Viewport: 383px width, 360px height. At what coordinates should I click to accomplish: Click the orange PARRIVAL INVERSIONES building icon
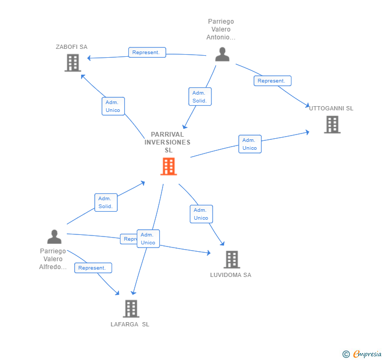pyautogui.click(x=168, y=166)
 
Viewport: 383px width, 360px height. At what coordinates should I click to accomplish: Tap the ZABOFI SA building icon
pyautogui.click(x=73, y=63)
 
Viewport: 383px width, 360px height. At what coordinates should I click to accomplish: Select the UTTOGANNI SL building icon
pyautogui.click(x=332, y=125)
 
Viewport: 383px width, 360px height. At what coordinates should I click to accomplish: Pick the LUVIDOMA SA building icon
pyautogui.click(x=231, y=259)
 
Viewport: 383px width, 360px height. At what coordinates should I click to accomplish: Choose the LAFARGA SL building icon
pyautogui.click(x=131, y=308)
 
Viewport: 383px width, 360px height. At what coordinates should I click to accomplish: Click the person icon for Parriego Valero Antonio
pyautogui.click(x=222, y=54)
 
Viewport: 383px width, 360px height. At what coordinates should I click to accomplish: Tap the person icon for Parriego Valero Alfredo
pyautogui.click(x=54, y=237)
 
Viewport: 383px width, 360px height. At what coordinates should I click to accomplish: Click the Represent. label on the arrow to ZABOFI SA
pyautogui.click(x=147, y=53)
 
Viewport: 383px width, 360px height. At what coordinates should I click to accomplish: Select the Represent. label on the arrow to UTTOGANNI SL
pyautogui.click(x=272, y=81)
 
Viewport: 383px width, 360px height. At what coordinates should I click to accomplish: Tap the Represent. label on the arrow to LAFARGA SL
pyautogui.click(x=93, y=268)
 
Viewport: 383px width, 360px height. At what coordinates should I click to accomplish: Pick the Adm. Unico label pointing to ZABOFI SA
pyautogui.click(x=113, y=106)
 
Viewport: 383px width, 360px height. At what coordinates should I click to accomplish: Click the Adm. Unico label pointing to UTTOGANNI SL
pyautogui.click(x=249, y=144)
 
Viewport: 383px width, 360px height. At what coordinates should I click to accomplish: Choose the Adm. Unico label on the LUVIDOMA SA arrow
pyautogui.click(x=201, y=214)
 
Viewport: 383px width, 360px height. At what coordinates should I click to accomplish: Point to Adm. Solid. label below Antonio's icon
pyautogui.click(x=199, y=97)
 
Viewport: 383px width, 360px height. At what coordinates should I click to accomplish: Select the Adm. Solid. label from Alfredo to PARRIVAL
pyautogui.click(x=106, y=202)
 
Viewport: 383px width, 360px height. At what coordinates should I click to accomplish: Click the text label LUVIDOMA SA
pyautogui.click(x=230, y=275)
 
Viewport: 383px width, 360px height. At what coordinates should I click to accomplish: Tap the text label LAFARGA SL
pyautogui.click(x=130, y=324)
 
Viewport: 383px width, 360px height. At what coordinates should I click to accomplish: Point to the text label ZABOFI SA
pyautogui.click(x=72, y=47)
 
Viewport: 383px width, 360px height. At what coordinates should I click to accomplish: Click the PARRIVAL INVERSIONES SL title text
pyautogui.click(x=167, y=142)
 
